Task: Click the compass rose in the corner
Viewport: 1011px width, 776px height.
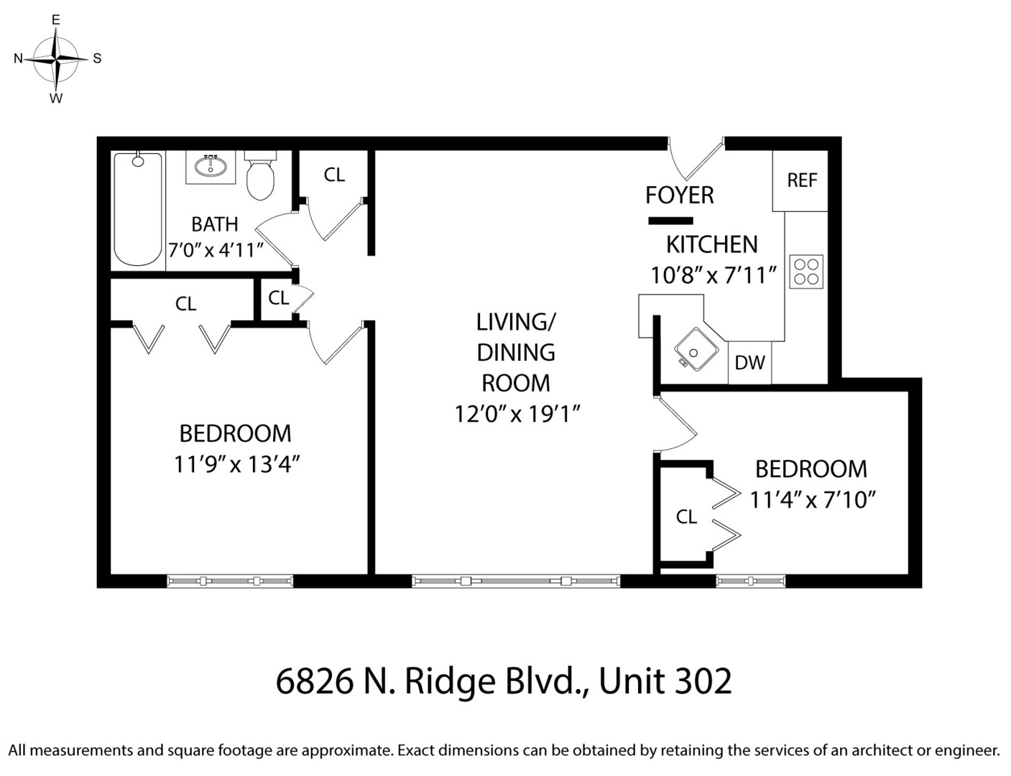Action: [55, 59]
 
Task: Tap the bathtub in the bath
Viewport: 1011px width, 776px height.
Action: [138, 209]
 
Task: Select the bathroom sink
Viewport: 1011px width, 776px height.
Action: [211, 167]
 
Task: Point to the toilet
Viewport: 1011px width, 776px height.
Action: [260, 175]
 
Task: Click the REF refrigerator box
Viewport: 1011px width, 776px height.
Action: [801, 180]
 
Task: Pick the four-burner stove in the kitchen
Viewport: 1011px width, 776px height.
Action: [805, 272]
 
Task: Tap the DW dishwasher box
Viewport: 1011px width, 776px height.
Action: [749, 363]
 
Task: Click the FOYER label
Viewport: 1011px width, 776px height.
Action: [679, 195]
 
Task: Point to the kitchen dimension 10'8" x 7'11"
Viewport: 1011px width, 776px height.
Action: [713, 275]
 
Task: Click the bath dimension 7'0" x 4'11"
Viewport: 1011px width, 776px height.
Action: [216, 250]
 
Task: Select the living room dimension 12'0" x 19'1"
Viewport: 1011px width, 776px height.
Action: [517, 415]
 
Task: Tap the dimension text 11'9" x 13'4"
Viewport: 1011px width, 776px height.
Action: [236, 465]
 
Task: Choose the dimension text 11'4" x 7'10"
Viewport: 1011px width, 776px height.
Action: [812, 499]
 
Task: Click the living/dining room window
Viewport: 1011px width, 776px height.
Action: [516, 581]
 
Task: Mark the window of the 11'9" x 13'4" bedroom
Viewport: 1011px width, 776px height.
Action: [230, 581]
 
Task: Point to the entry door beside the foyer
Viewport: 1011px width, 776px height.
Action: [694, 158]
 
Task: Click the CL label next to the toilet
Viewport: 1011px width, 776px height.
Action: [334, 175]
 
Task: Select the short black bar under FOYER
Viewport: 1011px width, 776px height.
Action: [670, 221]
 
